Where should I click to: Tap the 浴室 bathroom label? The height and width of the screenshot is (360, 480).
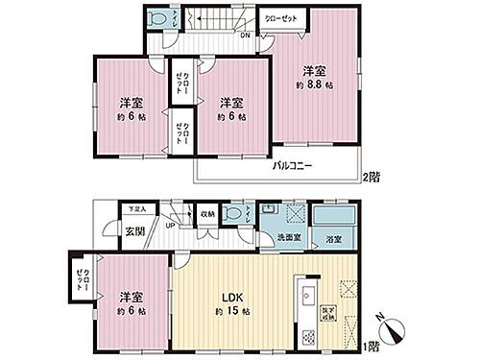pos(333,237)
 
